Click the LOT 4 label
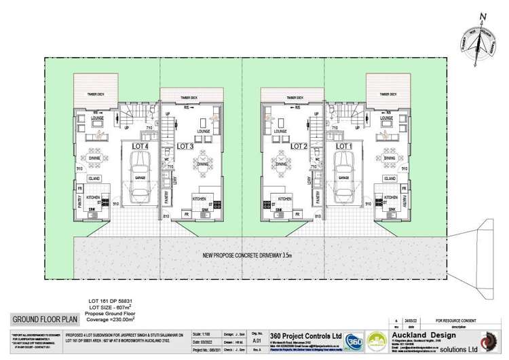pos(138,146)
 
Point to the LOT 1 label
pos(345,146)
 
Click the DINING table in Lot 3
pos(202,162)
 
